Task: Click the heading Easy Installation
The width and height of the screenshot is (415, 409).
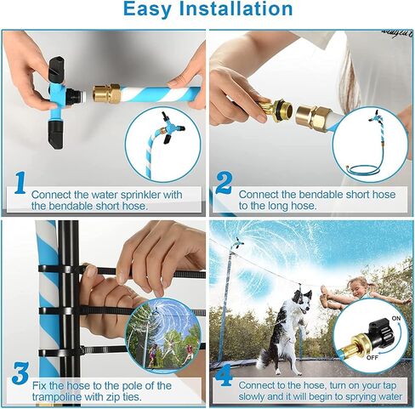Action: (x=207, y=10)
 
